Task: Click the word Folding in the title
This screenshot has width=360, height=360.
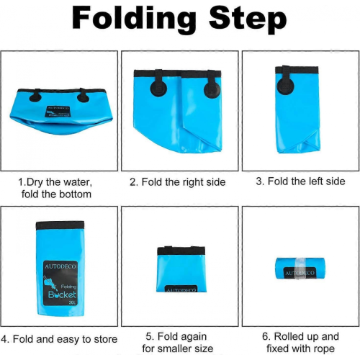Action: click(134, 19)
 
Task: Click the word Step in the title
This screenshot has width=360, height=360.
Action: click(248, 19)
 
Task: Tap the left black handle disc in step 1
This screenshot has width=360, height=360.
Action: click(35, 96)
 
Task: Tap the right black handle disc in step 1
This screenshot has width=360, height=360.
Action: click(83, 97)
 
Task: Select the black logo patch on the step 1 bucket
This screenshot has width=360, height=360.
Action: click(58, 112)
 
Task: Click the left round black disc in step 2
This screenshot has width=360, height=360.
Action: click(158, 89)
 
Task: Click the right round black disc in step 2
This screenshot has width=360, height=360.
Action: click(212, 90)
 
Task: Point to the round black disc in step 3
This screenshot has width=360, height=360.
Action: click(285, 86)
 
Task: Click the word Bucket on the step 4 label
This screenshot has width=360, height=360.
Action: click(62, 294)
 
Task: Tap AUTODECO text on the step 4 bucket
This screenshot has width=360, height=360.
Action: click(60, 266)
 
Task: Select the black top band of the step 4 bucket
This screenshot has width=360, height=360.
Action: click(60, 225)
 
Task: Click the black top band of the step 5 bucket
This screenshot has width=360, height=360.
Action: click(181, 251)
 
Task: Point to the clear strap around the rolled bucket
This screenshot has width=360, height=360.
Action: click(299, 269)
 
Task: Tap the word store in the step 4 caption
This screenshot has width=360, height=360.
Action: click(106, 339)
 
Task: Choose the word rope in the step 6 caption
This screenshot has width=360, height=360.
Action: click(325, 348)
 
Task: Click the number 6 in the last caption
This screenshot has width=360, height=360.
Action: click(265, 336)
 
